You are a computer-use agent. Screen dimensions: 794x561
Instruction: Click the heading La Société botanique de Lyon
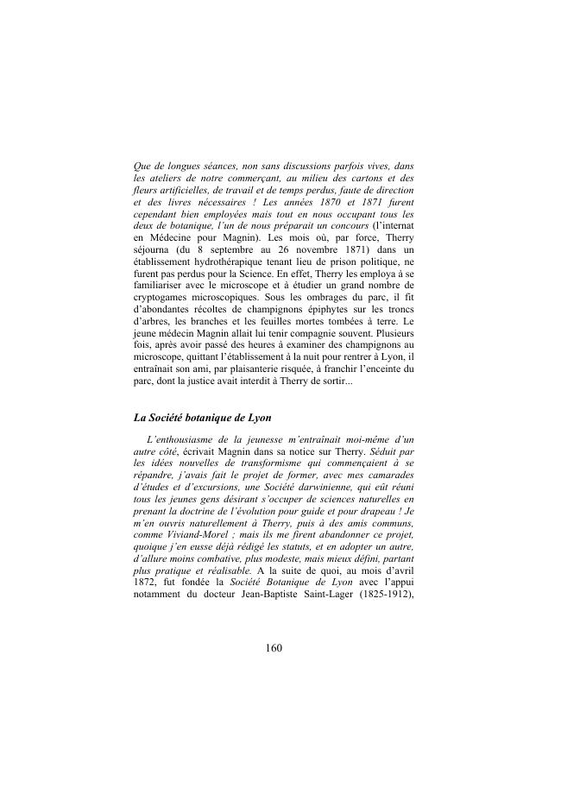(x=203, y=418)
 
